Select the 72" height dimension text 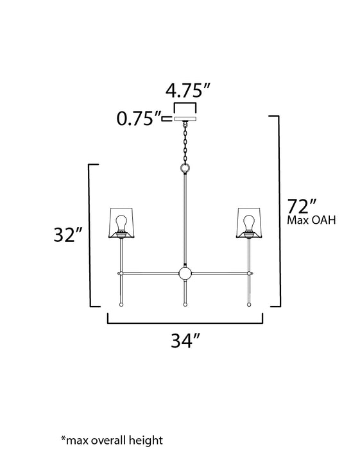tap(301, 207)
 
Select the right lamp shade tap(248, 221)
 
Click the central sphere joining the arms tap(185, 275)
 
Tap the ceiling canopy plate tap(184, 119)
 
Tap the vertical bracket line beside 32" tap(89, 234)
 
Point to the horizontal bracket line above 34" tap(185, 321)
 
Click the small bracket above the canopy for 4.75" tap(184, 103)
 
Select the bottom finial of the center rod tap(185, 305)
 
